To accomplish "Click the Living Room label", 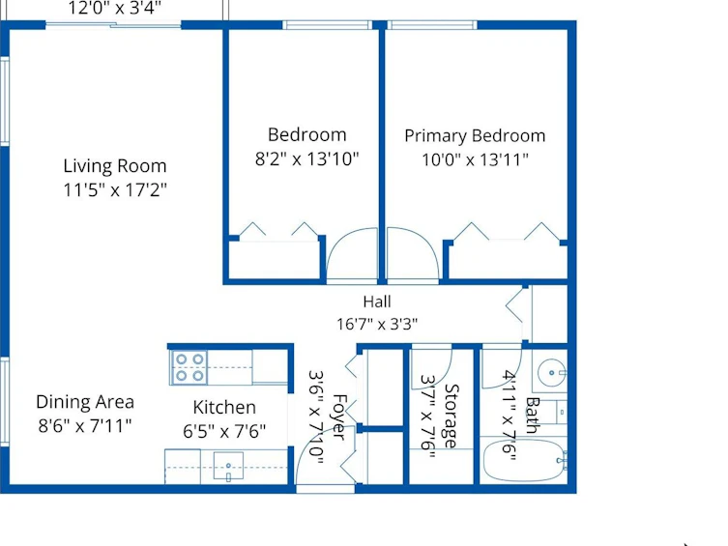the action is [115, 166].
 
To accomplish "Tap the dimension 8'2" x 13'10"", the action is [306, 159].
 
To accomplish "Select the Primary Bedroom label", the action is [475, 136].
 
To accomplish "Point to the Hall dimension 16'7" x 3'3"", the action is [376, 324].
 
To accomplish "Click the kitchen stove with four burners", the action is [189, 367].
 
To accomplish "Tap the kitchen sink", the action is [228, 466].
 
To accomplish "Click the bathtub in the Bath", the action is [524, 460].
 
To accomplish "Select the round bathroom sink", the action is [552, 372].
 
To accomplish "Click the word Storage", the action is [451, 417].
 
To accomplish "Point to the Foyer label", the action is [339, 417].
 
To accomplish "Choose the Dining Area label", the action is [85, 402].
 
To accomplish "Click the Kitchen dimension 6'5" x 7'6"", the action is [224, 431].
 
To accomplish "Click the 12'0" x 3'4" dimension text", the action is [115, 8].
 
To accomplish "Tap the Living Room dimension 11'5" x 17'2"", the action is [115, 189].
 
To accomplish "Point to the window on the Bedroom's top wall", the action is [328, 24].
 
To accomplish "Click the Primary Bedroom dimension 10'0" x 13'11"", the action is [475, 160].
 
